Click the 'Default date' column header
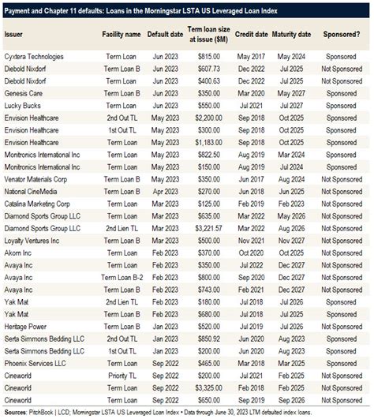163,36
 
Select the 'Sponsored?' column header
341,36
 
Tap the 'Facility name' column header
122,36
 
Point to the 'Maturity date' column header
292,36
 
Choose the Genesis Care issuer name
24,92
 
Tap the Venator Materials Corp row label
37,179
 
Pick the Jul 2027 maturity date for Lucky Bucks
291,104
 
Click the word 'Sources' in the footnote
16,410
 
